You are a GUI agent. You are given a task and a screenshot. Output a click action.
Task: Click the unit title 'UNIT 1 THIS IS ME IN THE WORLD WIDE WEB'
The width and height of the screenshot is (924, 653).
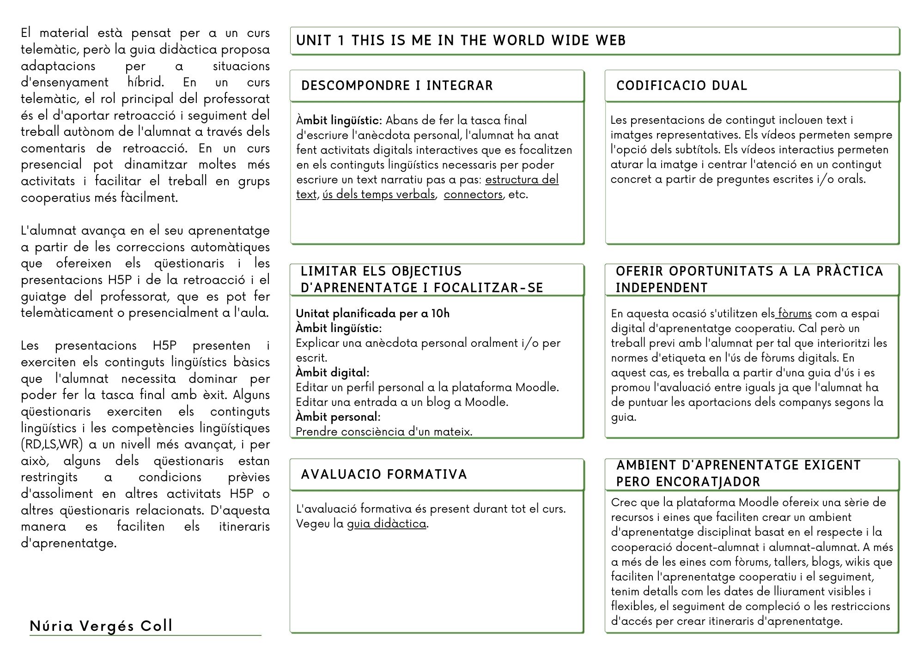(461, 41)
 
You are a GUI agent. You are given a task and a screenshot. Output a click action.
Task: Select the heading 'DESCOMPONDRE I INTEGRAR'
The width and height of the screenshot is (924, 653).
(397, 86)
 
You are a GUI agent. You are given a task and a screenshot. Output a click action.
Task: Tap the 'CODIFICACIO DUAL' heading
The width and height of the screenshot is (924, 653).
(681, 86)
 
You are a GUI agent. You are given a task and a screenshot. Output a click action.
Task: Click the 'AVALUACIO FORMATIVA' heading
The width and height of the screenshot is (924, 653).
(384, 475)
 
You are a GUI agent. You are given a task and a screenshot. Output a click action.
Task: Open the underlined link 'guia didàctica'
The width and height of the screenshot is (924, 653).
(387, 524)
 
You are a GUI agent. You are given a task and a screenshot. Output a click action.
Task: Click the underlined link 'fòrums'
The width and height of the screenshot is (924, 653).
(794, 314)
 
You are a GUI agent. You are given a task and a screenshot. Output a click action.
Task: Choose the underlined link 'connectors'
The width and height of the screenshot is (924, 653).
(473, 194)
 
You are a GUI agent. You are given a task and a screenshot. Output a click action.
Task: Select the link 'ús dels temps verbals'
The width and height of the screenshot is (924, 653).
(379, 194)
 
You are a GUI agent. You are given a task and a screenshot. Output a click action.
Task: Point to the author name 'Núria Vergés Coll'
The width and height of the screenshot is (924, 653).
(101, 626)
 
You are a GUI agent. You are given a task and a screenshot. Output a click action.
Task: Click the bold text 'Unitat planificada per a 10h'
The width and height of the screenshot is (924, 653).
(372, 314)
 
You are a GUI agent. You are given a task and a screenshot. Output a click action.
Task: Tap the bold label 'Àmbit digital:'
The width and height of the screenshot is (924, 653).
(332, 373)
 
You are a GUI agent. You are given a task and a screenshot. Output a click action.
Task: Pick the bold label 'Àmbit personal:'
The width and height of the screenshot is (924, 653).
(338, 417)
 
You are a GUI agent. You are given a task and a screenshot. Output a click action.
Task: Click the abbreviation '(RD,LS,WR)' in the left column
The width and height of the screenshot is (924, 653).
(52, 444)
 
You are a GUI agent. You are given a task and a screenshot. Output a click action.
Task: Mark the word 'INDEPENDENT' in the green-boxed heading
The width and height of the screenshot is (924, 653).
(662, 288)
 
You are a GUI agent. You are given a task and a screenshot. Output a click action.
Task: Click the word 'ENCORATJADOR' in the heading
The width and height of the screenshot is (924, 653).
(688, 482)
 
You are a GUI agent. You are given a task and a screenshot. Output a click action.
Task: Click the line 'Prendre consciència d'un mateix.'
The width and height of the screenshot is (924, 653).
(384, 432)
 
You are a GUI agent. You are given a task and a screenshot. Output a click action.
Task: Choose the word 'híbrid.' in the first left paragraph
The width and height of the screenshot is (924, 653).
(146, 83)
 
